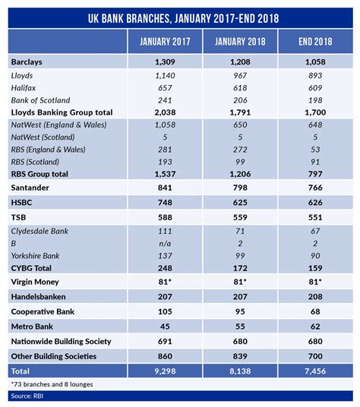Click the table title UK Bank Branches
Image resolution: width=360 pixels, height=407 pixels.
pyautogui.click(x=180, y=16)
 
